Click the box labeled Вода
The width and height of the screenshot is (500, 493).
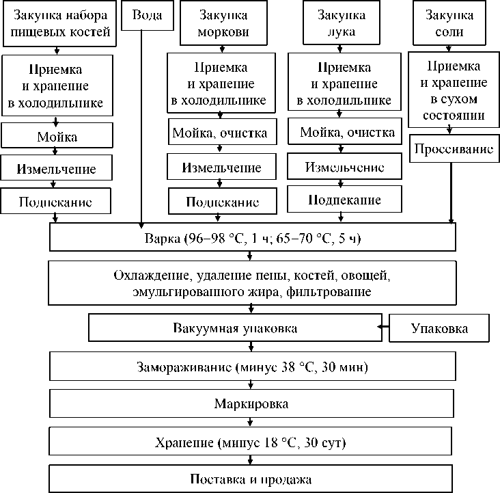(141, 15)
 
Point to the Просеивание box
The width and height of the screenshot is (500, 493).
(450, 148)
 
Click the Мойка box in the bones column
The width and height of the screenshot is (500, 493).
(57, 137)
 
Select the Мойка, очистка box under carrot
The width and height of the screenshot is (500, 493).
(219, 133)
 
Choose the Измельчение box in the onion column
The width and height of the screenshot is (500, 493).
(344, 168)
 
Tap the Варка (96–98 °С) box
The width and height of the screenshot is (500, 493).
(252, 239)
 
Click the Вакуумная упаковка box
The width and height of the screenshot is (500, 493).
(234, 329)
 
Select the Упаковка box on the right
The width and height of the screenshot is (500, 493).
(440, 329)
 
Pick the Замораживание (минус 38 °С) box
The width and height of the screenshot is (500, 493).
(252, 367)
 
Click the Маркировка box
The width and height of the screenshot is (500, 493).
(252, 403)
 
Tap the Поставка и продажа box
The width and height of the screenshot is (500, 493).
(252, 479)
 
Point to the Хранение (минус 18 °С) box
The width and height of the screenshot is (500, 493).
(252, 442)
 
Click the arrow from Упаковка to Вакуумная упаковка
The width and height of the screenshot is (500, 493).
(385, 329)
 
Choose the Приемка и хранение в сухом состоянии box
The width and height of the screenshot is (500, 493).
(452, 91)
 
